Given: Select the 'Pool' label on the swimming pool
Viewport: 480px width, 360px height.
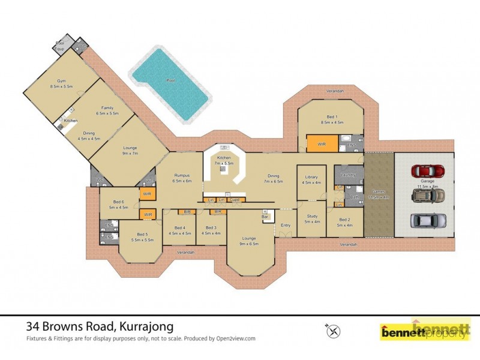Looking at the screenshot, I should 170,80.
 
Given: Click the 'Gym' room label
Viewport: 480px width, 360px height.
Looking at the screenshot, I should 61,81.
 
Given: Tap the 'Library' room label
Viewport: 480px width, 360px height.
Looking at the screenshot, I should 311,177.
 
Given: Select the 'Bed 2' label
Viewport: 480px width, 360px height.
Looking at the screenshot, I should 344,220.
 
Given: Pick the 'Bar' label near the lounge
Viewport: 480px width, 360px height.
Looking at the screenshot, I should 265,216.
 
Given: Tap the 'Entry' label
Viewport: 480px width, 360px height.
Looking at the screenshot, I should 286,225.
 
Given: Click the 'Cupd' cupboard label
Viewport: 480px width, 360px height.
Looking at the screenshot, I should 234,199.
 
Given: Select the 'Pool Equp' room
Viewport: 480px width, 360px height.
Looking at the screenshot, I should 61,45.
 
